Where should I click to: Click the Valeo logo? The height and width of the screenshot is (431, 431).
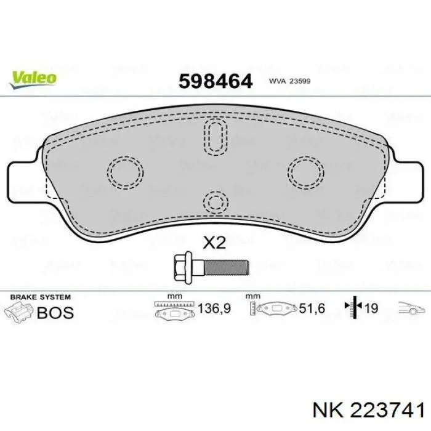point(33,79)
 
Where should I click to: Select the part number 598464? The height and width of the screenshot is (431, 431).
point(216,81)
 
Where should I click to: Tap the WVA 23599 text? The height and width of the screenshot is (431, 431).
point(290,81)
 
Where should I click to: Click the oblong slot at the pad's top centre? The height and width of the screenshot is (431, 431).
point(216,137)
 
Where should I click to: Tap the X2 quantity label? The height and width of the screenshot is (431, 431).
point(214,243)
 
